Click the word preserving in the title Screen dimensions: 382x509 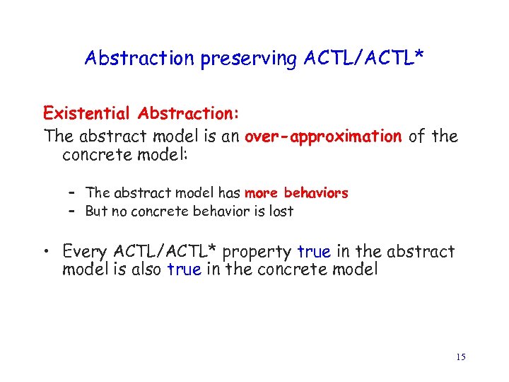238,58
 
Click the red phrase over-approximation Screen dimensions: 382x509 322,136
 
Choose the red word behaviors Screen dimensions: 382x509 316,192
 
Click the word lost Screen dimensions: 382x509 281,211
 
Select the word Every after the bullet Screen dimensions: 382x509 86,251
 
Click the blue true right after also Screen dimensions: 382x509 185,270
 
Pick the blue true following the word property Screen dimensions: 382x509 314,251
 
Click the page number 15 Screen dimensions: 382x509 460,357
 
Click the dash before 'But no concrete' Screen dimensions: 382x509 72,211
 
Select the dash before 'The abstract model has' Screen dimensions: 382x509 72,192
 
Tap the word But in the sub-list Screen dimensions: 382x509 97,211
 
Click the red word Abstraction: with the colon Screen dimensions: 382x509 189,113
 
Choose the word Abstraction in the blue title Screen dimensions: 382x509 140,58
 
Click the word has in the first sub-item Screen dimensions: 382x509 229,192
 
